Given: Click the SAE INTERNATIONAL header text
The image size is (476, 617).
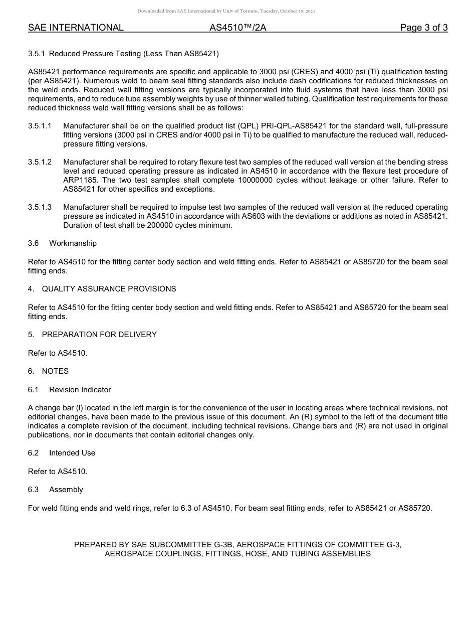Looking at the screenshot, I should point(76,28).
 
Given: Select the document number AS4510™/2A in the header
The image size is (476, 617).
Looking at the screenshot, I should point(237,28).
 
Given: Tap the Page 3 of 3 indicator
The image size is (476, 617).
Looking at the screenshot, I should point(423,28).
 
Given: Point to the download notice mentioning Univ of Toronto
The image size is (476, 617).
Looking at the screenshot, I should point(226,11).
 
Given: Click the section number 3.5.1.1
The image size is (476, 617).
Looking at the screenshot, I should point(40,126).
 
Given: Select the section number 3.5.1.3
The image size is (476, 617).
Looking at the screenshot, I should point(40,207).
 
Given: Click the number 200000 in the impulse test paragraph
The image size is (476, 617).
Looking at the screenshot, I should point(151,225).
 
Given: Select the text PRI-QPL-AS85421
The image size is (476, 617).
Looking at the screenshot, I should point(291,126).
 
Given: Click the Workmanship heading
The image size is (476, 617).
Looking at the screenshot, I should point(73,243).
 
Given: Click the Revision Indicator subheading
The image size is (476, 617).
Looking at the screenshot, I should point(80,390).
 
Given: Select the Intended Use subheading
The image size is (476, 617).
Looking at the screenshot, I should point(72,453).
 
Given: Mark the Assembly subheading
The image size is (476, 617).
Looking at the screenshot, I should point(66,490).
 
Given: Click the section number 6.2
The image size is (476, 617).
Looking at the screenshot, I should point(33,453).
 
